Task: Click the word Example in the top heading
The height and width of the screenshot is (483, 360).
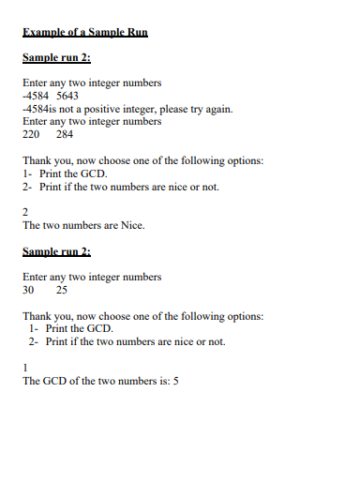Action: pyautogui.click(x=44, y=33)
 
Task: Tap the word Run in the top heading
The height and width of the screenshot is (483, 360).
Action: pyautogui.click(x=135, y=33)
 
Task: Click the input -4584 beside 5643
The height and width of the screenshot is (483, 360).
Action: pyautogui.click(x=36, y=96)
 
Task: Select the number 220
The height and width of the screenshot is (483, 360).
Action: pyautogui.click(x=31, y=134)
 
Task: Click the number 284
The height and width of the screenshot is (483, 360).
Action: pyautogui.click(x=65, y=134)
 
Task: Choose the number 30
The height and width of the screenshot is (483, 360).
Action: pyautogui.click(x=28, y=290)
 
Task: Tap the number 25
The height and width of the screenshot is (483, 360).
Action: pyautogui.click(x=61, y=290)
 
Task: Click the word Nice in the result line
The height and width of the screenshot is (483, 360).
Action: pyautogui.click(x=131, y=225)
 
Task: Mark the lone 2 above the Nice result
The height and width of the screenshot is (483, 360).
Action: pyautogui.click(x=25, y=212)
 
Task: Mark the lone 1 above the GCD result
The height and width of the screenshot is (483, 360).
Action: pyautogui.click(x=25, y=368)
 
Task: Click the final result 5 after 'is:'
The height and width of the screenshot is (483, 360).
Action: pyautogui.click(x=175, y=381)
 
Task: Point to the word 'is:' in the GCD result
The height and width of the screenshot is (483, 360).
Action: pyautogui.click(x=163, y=381)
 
